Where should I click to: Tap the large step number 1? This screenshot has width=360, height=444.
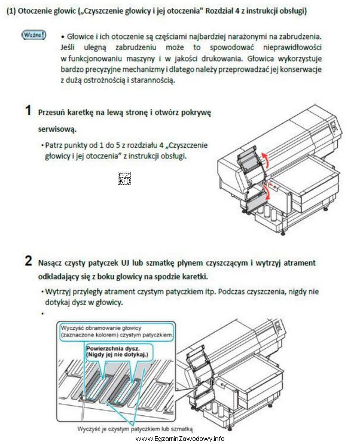(28, 111)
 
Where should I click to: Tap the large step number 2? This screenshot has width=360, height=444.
(28, 261)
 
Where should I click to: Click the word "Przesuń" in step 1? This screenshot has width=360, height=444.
(53, 112)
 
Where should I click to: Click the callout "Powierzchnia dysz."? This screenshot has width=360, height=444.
(112, 346)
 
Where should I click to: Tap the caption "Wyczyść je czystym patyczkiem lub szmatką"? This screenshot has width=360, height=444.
(135, 428)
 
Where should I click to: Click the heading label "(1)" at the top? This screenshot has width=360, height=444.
(11, 11)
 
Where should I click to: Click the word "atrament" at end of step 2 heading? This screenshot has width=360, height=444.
(299, 262)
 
